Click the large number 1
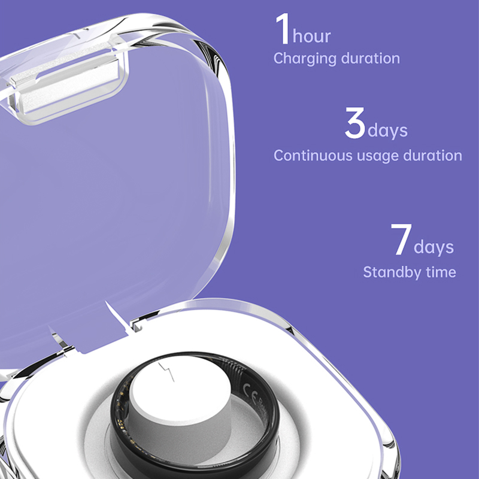click(283, 28)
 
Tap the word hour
click(311, 36)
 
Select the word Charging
click(305, 59)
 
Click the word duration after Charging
click(370, 57)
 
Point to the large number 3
click(355, 123)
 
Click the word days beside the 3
click(387, 130)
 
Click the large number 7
click(401, 239)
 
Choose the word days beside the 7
click(433, 247)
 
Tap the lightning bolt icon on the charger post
click(166, 372)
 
